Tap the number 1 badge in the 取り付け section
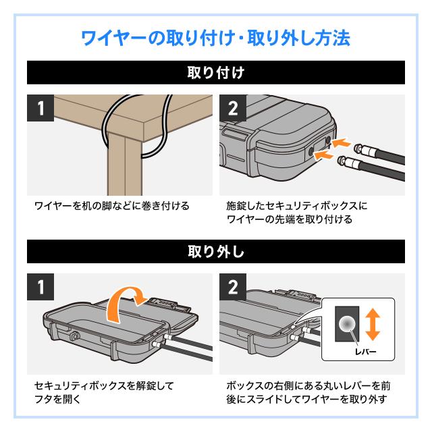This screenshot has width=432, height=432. (42, 109)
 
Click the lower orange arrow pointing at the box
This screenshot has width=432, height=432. (326, 156)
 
